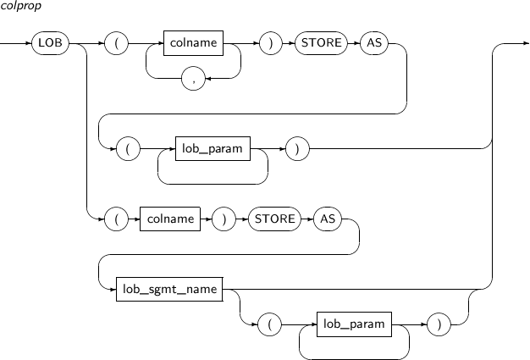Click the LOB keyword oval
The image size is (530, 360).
[50, 43]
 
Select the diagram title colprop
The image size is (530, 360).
[20, 6]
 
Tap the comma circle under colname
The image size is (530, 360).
[193, 79]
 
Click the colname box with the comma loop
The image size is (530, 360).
[193, 43]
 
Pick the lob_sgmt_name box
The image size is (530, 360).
[169, 289]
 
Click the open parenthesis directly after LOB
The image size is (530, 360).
[116, 43]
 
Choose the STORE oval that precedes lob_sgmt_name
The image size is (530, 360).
[274, 219]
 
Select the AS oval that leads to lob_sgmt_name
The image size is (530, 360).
[328, 219]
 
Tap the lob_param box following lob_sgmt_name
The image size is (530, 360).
[354, 324]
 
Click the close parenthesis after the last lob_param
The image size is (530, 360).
[439, 324]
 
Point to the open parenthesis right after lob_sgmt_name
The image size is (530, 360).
[269, 324]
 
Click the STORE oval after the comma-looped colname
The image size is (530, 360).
[321, 43]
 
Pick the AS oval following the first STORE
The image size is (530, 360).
[374, 43]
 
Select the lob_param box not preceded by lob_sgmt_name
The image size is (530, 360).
[213, 148]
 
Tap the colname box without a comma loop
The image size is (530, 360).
[170, 219]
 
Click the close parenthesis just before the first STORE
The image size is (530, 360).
[270, 43]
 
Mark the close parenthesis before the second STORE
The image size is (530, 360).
[224, 219]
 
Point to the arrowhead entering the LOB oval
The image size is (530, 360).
[29, 43]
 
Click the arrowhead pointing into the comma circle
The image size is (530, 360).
[207, 79]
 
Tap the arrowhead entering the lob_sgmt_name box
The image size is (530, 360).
[113, 290]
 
